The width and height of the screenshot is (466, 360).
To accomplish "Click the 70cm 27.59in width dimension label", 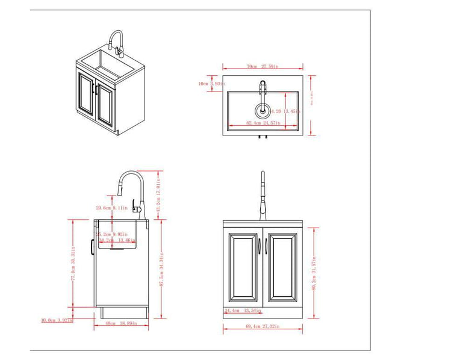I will (253, 67).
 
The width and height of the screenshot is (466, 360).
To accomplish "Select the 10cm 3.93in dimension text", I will (211, 84).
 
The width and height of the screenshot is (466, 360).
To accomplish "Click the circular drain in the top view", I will (263, 110).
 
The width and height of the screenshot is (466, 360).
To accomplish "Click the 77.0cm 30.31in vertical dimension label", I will (73, 264).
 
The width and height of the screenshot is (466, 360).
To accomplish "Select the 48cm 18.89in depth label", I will (122, 323).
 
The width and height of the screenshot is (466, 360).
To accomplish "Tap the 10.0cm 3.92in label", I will (57, 320).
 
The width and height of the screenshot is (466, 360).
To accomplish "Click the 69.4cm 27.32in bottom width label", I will (262, 326).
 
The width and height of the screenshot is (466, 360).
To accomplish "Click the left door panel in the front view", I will (244, 267).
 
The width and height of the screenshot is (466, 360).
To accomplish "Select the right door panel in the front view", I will (282, 267).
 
